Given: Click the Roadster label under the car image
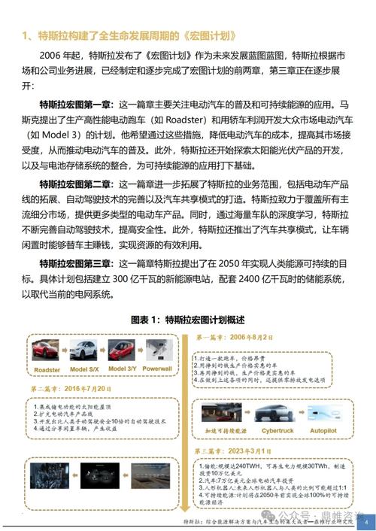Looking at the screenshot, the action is tap(47, 371).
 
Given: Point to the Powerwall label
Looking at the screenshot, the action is tap(157, 370).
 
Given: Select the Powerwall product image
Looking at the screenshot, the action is tap(157, 350).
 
